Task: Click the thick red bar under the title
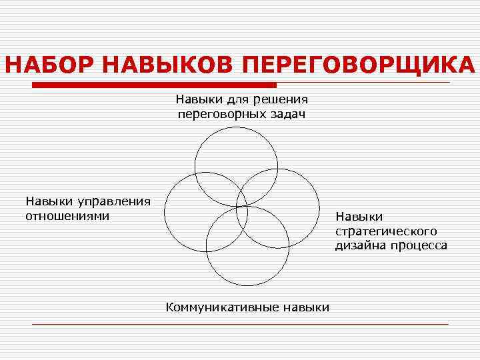(x=154, y=85)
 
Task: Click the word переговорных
(x=219, y=115)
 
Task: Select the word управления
(x=114, y=201)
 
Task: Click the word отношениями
(x=67, y=216)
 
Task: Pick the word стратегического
(x=386, y=231)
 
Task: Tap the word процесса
(x=419, y=245)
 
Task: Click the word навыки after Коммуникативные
(x=306, y=307)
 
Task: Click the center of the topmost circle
(x=236, y=165)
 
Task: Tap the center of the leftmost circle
(x=206, y=212)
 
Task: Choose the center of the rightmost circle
(x=279, y=208)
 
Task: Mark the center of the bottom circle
(x=247, y=246)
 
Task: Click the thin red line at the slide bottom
(x=240, y=324)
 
